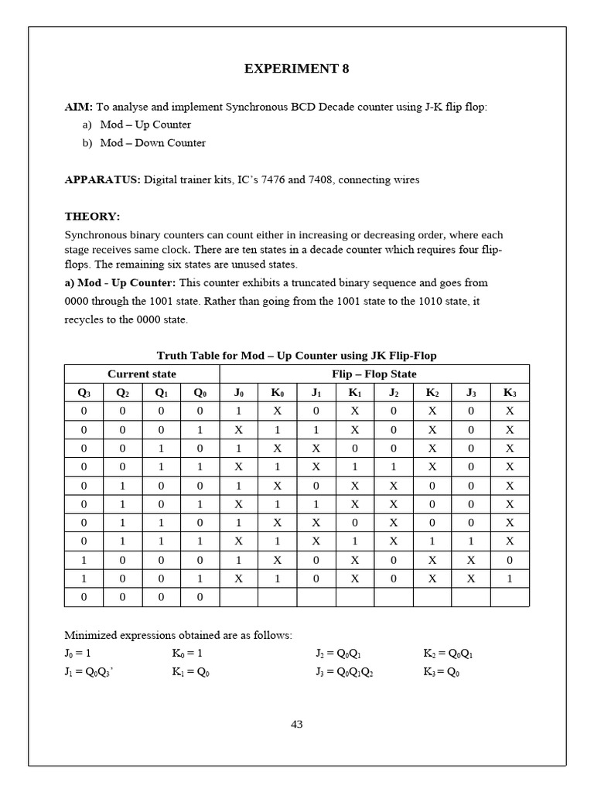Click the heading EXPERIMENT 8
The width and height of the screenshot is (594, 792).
[x=296, y=69]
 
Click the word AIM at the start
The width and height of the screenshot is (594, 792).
[x=77, y=106]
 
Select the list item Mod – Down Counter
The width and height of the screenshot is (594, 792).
[x=152, y=143]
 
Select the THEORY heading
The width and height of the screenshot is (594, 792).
[x=92, y=217]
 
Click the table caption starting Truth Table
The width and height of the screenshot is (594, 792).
[x=296, y=356]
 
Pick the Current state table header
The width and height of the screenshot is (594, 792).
[x=142, y=374]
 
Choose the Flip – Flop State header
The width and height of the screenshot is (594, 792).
[x=374, y=374]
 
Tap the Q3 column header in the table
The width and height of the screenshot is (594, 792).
[x=84, y=393]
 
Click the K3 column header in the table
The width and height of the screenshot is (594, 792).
[x=510, y=393]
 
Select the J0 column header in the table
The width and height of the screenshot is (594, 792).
[x=238, y=393]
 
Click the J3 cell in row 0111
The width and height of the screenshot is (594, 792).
[x=471, y=541]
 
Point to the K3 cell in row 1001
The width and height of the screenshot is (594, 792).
[x=510, y=579]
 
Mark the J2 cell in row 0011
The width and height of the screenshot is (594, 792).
[x=394, y=467]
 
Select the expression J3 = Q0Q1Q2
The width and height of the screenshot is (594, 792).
[x=343, y=673]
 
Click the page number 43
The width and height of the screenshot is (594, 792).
[x=296, y=725]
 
